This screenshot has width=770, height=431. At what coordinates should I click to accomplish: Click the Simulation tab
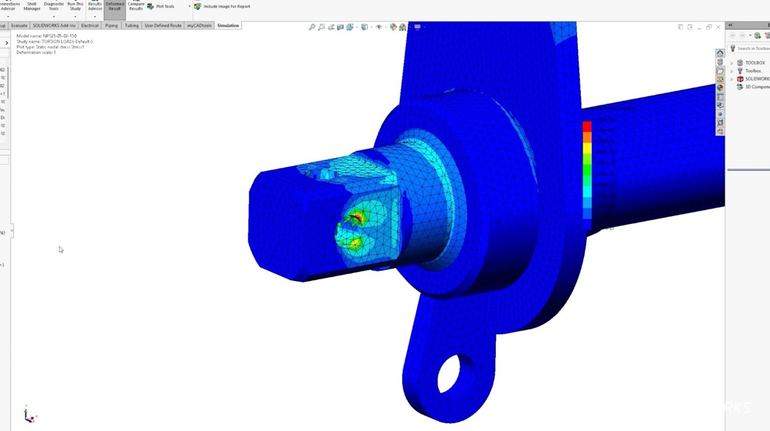[228, 25]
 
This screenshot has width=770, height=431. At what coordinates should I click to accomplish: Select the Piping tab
[111, 25]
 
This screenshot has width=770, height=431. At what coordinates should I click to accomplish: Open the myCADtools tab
[199, 25]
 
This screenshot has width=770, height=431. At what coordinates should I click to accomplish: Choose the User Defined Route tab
[163, 25]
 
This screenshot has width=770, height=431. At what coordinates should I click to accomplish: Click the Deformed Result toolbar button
[115, 6]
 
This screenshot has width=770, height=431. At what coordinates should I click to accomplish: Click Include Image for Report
[222, 6]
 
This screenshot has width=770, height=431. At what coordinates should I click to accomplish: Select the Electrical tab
[90, 25]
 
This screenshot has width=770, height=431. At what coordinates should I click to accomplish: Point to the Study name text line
[54, 41]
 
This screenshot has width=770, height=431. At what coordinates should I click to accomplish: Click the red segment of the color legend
[587, 126]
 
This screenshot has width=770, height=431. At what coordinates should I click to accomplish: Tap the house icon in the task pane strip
[720, 53]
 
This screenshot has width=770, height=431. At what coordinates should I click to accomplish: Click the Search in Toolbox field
[753, 48]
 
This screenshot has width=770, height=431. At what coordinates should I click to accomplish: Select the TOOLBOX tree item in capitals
[754, 63]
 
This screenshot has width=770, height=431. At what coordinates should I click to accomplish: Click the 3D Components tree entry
[757, 87]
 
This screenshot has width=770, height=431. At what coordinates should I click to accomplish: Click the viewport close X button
[718, 27]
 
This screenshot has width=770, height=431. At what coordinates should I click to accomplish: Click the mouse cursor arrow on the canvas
[61, 250]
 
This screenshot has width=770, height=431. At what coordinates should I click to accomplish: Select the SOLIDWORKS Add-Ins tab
[54, 25]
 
